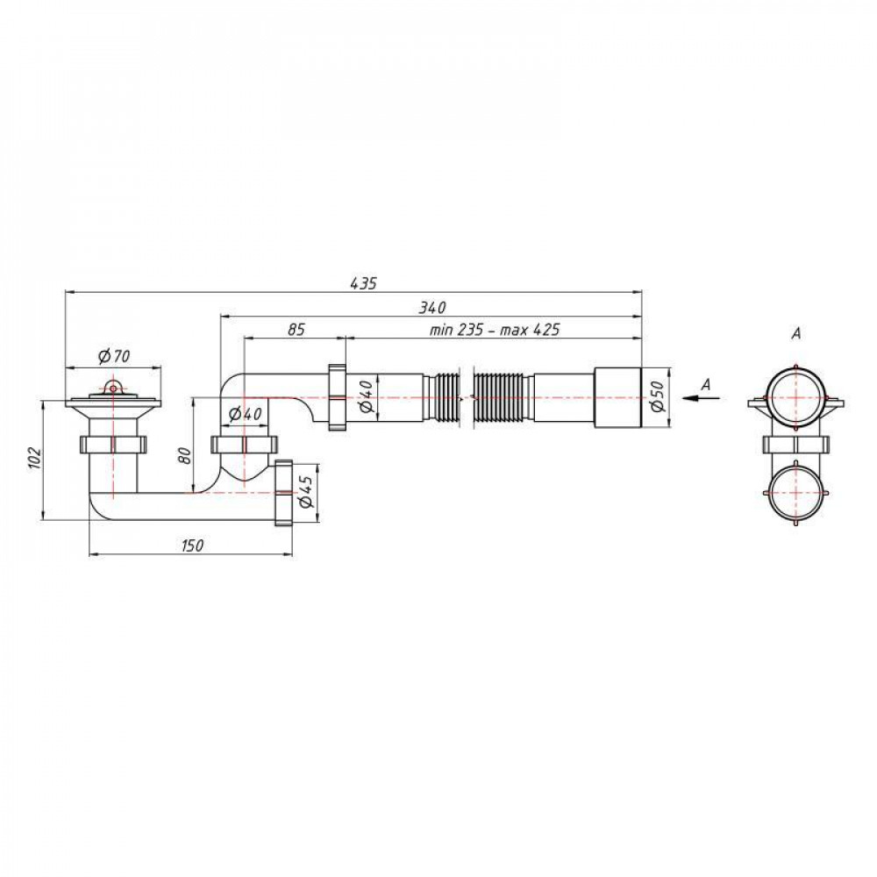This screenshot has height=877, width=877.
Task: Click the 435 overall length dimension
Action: (x=364, y=283)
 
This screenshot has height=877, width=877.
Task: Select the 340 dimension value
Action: (x=432, y=307)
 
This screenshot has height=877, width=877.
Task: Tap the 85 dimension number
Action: (x=296, y=330)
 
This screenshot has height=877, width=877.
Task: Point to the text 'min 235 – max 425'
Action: (x=495, y=330)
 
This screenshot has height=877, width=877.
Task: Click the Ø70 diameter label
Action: (x=113, y=356)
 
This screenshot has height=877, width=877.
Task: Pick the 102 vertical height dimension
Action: (x=35, y=458)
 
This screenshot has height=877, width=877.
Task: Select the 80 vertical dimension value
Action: (x=185, y=456)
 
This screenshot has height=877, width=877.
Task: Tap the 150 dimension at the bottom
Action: (x=192, y=545)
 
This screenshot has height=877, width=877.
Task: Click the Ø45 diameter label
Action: (x=305, y=492)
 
